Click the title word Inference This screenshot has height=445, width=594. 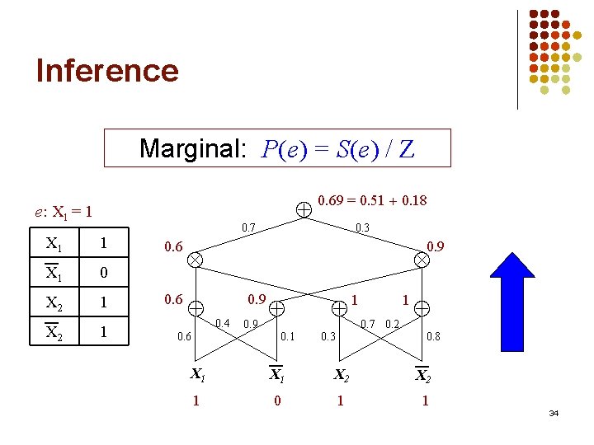tap(107, 70)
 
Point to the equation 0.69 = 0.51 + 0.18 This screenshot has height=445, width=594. tap(372, 200)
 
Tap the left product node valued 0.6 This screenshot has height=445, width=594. tap(195, 259)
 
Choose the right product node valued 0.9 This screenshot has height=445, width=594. tap(421, 259)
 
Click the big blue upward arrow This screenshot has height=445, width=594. tap(511, 301)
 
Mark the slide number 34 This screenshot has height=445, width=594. tap(553, 412)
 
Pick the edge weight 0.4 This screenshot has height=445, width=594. tap(222, 322)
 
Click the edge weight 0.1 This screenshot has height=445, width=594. tap(287, 335)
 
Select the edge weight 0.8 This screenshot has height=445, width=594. tap(432, 335)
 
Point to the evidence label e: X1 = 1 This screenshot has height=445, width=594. tap(64, 212)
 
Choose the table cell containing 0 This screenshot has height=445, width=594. tap(103, 272)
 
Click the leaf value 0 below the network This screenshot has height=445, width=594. tap(277, 400)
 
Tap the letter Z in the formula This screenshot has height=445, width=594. tap(405, 149)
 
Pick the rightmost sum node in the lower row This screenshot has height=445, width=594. tap(422, 308)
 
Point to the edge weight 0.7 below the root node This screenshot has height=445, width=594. tap(247, 227)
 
